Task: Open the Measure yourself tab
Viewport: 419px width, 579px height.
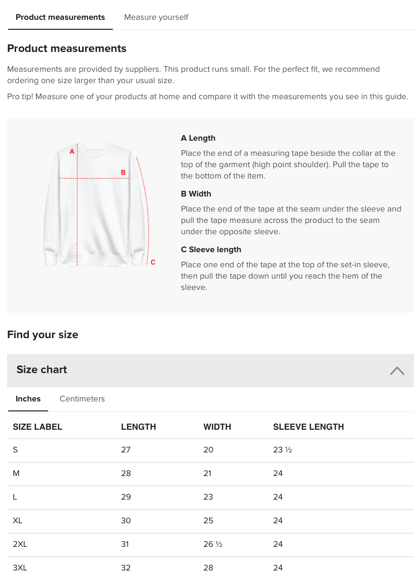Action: [x=156, y=17]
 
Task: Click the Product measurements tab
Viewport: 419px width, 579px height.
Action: [x=60, y=17]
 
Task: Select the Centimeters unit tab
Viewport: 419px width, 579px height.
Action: [x=82, y=399]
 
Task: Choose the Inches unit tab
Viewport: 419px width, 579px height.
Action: [x=28, y=399]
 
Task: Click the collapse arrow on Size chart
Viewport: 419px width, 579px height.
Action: [x=397, y=371]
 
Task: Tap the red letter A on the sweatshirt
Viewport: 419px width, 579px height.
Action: [x=72, y=152]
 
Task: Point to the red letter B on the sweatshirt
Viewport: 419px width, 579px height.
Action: [x=123, y=173]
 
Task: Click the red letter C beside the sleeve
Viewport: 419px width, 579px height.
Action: [x=153, y=263]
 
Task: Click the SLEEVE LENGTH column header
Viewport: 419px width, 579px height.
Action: [x=308, y=427]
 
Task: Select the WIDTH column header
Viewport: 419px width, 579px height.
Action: [x=217, y=427]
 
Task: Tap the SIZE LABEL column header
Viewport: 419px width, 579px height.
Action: [x=37, y=427]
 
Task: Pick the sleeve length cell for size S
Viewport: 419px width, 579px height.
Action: [x=282, y=450]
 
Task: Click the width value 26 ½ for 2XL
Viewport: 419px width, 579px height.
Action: [x=213, y=545]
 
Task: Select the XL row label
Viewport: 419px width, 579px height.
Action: [x=17, y=521]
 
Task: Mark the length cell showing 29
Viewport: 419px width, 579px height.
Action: [x=126, y=497]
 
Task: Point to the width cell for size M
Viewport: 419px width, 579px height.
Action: [x=207, y=474]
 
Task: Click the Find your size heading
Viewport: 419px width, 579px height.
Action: [x=43, y=335]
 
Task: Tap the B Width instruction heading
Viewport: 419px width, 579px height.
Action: [x=196, y=194]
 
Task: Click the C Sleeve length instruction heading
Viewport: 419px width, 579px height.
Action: [x=211, y=250]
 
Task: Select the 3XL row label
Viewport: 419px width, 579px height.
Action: [x=20, y=568]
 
